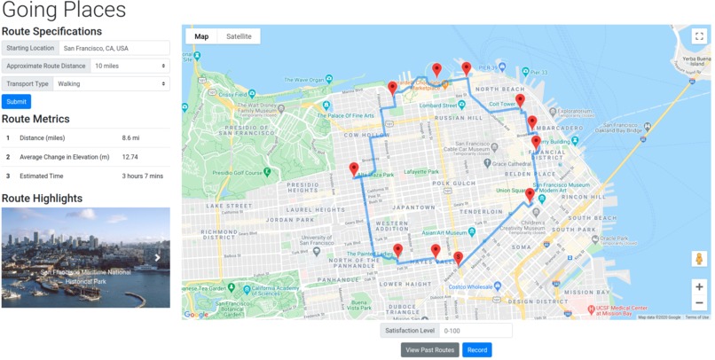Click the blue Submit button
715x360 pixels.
16,102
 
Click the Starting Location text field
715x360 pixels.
114,48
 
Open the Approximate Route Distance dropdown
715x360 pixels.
130,66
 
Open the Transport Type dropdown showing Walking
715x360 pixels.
111,83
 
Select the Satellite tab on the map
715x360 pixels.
239,36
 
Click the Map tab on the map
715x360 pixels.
201,36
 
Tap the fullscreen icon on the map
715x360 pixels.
699,36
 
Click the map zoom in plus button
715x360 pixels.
699,287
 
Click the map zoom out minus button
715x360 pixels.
699,303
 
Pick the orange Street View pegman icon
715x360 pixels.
699,259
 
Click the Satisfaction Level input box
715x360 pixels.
476,331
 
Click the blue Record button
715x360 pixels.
477,350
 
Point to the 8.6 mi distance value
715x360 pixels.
130,138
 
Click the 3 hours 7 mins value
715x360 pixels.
143,176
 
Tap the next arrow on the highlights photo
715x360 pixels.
158,258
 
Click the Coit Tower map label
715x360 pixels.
502,105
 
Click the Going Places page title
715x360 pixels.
64,12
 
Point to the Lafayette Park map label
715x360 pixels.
421,171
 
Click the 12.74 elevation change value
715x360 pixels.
130,157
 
